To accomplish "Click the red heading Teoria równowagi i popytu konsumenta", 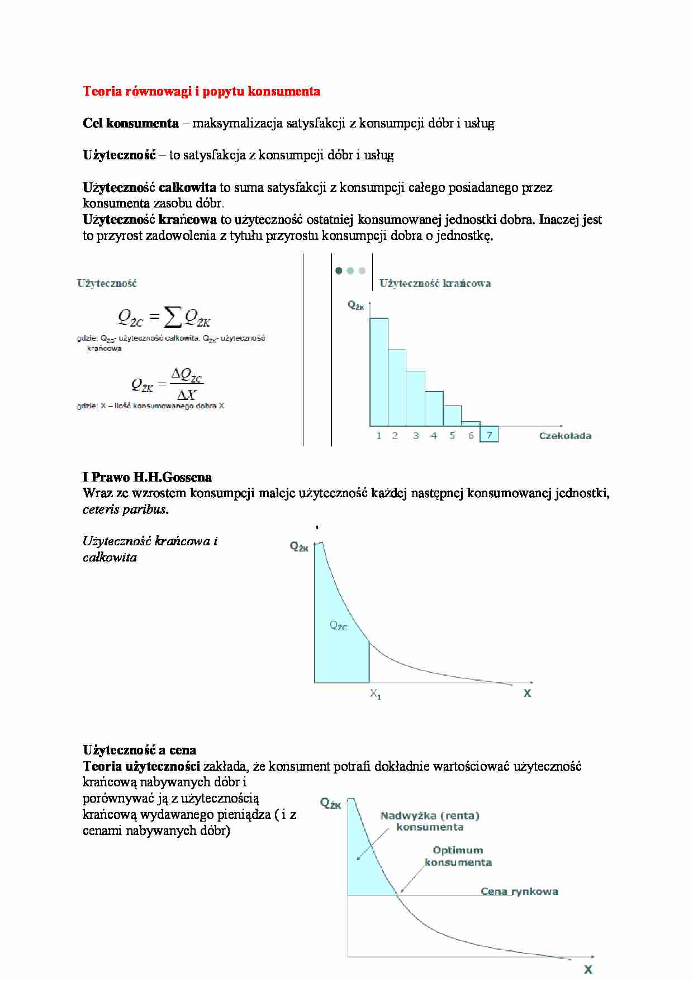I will pos(201,91).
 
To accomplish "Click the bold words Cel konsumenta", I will pos(130,123).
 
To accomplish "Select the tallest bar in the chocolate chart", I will pos(378,371).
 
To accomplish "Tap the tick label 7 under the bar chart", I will pos(489,435).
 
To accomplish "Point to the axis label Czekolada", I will pos(564,436).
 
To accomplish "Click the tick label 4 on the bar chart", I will pos(434,436).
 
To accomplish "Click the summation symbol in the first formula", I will pos(173,317).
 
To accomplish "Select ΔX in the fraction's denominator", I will pos(187,395).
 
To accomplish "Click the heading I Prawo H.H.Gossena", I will pos(147,477).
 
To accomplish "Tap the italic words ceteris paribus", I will pos(125,510).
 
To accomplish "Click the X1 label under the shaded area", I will pos(376,694).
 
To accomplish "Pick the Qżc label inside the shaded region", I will pos(338,626).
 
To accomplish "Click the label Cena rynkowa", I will pos(519,892).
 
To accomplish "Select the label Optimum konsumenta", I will pos(458,856).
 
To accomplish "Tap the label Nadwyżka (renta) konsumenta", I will pos(430,821).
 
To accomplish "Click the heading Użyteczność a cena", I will pos(139,750).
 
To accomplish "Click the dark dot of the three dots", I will pos(338,271).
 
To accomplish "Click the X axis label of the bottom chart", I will pos(588,970).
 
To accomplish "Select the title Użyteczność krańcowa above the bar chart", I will pos(435,284).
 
